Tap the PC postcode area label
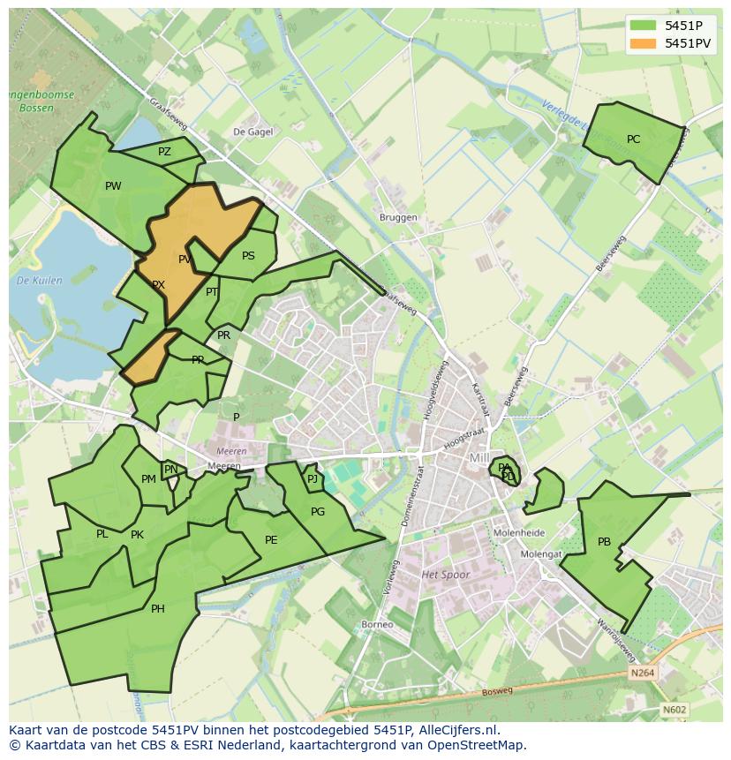tap(633, 139)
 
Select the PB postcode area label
tap(604, 542)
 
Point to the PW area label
tap(113, 186)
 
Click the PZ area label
tap(164, 152)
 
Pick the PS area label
tap(248, 256)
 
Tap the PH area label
tap(157, 608)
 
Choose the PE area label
tap(271, 540)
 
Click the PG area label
tap(318, 512)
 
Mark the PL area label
tap(102, 534)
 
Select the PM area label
tap(148, 479)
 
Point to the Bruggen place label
tap(396, 217)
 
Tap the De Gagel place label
tap(252, 132)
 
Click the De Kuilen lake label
tap(39, 281)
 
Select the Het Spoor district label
tap(445, 575)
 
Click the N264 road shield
tap(644, 673)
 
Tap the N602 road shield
tap(674, 709)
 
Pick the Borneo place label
tap(377, 624)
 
